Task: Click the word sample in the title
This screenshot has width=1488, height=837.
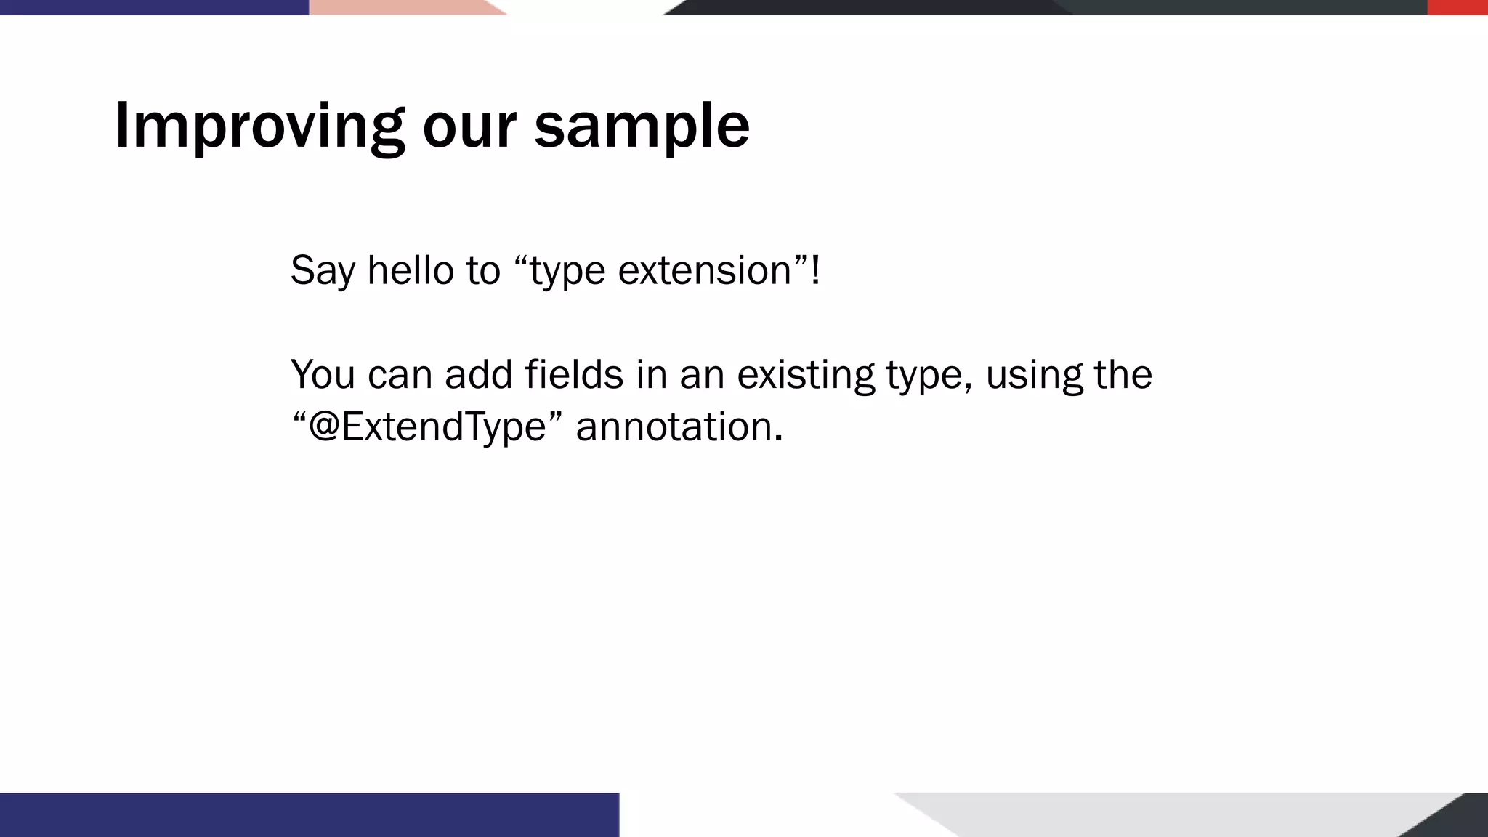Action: (x=642, y=126)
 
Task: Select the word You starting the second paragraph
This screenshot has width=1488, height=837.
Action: (x=323, y=374)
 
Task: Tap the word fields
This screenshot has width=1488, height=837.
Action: (x=573, y=374)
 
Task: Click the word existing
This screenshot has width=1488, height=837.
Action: (x=806, y=376)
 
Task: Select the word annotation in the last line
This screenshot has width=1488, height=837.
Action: (x=674, y=426)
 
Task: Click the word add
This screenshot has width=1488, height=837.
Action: (x=476, y=374)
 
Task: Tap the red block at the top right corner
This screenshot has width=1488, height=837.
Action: (x=1457, y=7)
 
